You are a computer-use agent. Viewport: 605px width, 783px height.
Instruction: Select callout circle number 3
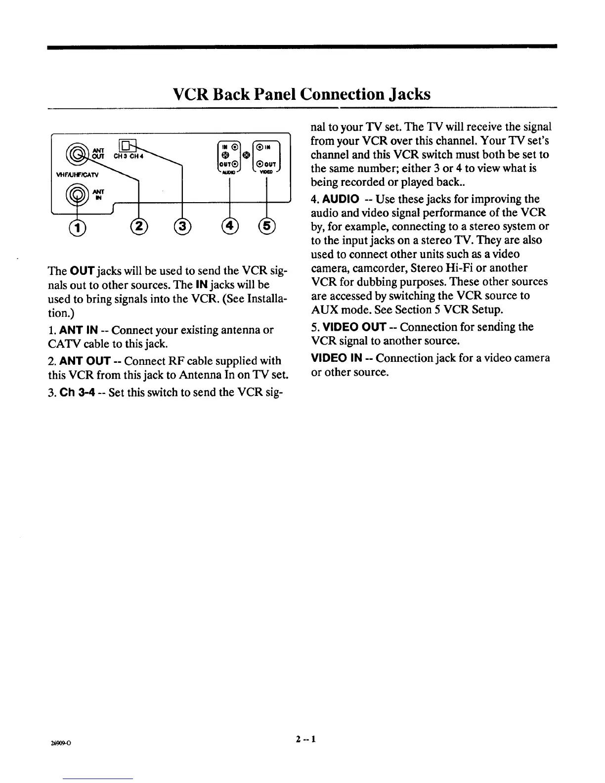pyautogui.click(x=182, y=227)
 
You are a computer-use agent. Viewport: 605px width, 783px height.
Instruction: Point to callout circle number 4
pyautogui.click(x=230, y=227)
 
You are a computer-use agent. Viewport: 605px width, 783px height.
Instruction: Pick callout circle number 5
pyautogui.click(x=266, y=227)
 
